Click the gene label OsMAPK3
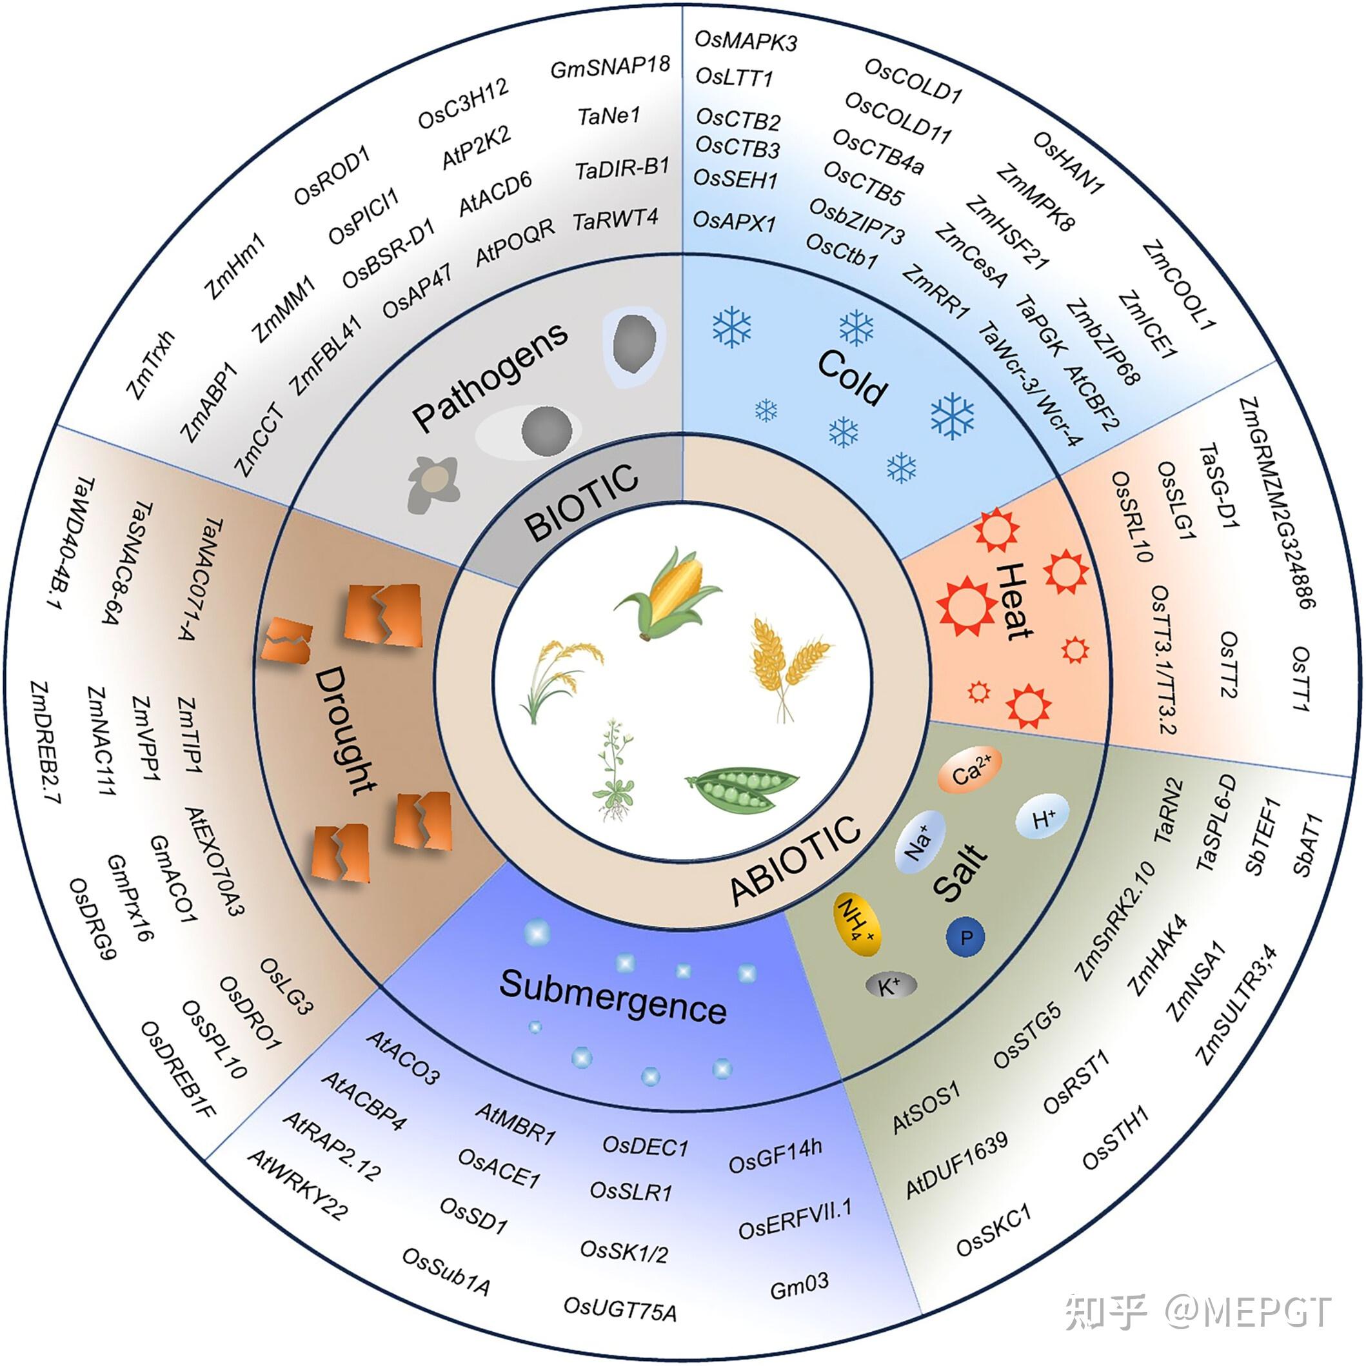pyautogui.click(x=746, y=41)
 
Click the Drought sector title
pyautogui.click(x=344, y=731)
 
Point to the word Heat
pyautogui.click(x=1014, y=601)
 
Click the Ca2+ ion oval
pyautogui.click(x=970, y=772)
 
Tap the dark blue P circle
pyautogui.click(x=966, y=938)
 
